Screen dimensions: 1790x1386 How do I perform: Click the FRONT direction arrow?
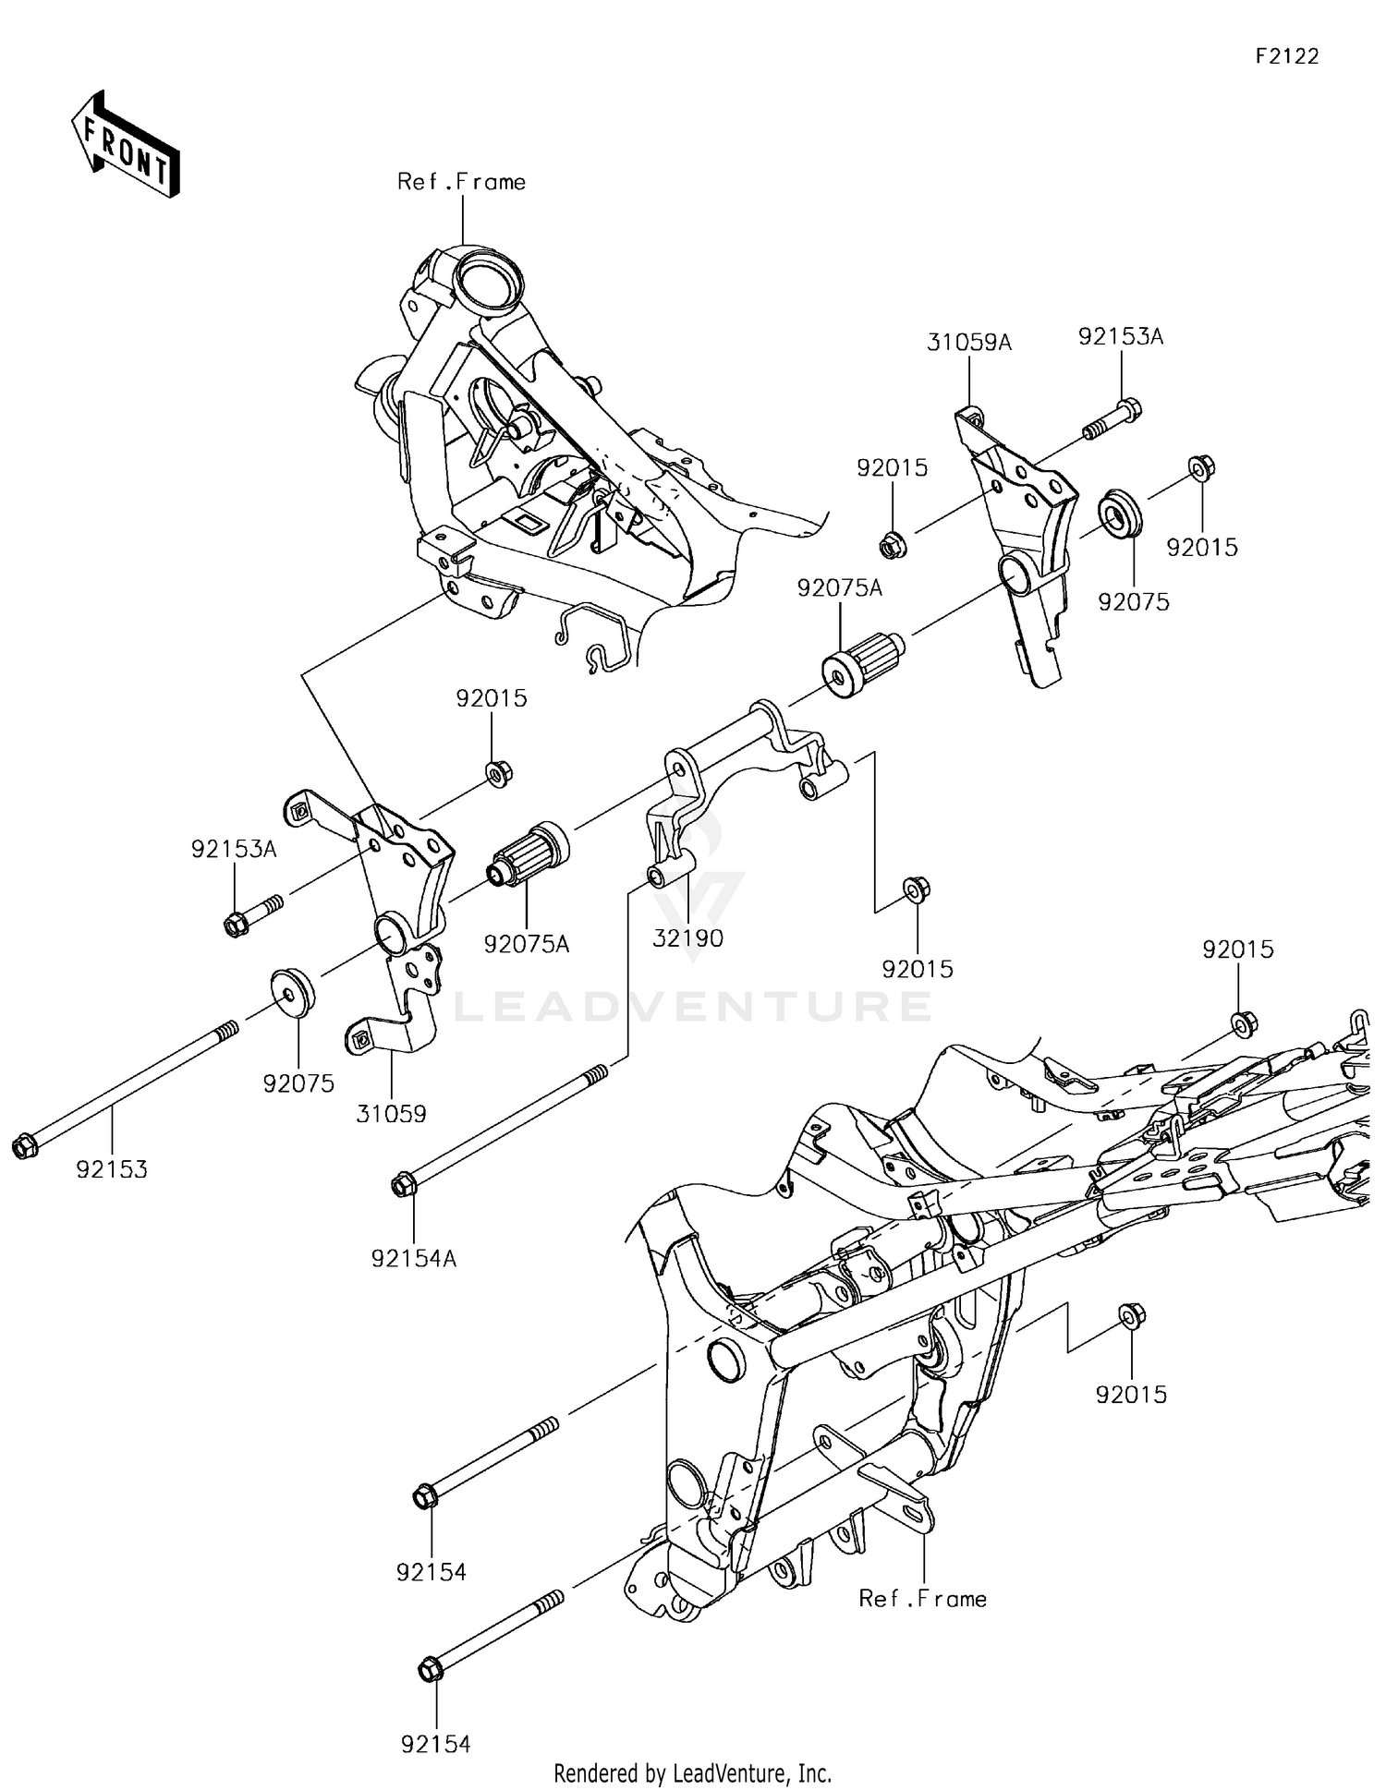(125, 144)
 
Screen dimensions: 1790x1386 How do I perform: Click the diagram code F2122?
(1286, 56)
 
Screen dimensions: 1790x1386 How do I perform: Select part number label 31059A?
(969, 343)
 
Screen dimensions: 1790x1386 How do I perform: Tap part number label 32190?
(687, 938)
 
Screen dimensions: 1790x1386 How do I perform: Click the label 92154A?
(414, 1258)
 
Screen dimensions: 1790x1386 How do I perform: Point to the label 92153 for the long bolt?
(112, 1169)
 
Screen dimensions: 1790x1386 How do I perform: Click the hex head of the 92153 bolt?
(24, 1147)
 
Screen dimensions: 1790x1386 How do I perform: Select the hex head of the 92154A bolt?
(404, 1184)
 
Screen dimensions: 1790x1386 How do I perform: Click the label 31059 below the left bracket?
(391, 1114)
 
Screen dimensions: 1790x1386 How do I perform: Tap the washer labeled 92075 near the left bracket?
(292, 991)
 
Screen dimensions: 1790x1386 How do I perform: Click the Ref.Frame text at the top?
(461, 182)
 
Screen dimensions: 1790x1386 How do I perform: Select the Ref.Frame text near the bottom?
(922, 1598)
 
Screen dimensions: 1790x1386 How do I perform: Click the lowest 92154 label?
(435, 1744)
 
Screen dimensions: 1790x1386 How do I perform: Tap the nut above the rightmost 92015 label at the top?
(1201, 468)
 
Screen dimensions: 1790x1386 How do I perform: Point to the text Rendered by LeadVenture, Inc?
(692, 1772)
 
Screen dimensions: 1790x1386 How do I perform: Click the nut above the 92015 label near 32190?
(917, 889)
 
